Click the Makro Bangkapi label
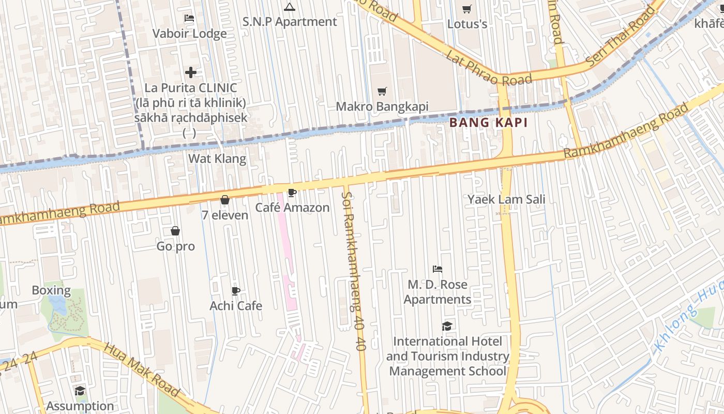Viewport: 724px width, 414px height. tap(382, 107)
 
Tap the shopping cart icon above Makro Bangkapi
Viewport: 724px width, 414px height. tap(382, 92)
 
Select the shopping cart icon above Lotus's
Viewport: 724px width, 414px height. tap(467, 9)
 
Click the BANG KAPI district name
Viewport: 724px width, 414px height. tap(488, 123)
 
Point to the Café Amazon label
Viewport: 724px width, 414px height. tap(292, 208)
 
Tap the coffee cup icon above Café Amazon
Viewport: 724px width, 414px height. tap(292, 193)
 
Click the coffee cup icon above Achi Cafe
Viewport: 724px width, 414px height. tap(236, 291)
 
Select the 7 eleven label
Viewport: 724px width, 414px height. tap(225, 215)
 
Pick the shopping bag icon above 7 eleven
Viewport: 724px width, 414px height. tap(225, 200)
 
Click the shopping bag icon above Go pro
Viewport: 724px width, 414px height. tap(175, 231)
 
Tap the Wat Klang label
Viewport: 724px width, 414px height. tap(217, 158)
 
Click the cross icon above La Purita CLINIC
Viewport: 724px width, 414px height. tap(191, 72)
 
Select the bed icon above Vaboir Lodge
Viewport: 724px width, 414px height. tap(190, 18)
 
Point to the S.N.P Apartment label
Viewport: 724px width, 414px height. tap(290, 22)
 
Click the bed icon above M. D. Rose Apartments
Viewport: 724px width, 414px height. tap(438, 269)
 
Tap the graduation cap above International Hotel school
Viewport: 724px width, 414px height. tap(447, 326)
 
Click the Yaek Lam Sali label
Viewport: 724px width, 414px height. tap(506, 199)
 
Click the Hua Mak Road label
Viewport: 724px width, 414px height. tap(142, 369)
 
